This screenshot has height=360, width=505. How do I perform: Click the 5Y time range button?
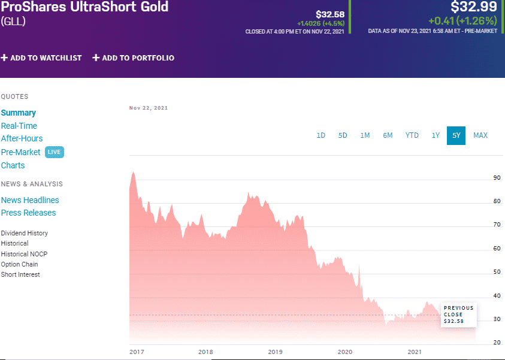tap(456, 135)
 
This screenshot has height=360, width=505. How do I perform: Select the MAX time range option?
tap(480, 135)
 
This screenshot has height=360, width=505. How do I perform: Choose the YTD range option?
tap(412, 135)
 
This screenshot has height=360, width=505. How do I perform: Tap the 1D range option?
tap(320, 135)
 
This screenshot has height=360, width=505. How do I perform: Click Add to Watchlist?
tap(41, 58)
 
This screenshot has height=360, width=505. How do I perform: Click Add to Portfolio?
tap(133, 58)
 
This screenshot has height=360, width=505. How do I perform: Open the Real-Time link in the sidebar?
tap(19, 126)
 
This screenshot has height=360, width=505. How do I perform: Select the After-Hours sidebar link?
tap(22, 138)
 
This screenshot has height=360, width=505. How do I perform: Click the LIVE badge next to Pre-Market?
tap(54, 152)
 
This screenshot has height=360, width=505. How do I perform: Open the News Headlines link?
tap(30, 200)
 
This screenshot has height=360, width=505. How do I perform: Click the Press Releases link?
tap(28, 213)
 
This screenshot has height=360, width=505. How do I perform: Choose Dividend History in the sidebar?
tap(25, 233)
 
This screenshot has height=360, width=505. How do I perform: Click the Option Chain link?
tap(19, 264)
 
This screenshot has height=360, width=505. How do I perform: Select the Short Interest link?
tap(20, 274)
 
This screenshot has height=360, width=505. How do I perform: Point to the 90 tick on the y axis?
tap(497, 178)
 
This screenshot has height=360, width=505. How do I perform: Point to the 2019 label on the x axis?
tap(275, 352)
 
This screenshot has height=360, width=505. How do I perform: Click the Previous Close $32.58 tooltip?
tap(458, 314)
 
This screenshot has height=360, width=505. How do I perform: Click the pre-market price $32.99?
tap(473, 7)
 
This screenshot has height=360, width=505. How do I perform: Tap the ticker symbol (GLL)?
tap(13, 22)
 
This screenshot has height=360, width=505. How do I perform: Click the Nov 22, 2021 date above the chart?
tap(149, 108)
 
